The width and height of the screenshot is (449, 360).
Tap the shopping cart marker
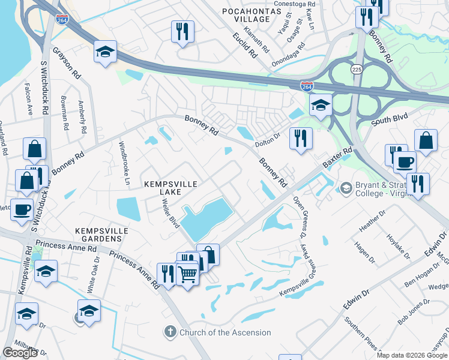188,275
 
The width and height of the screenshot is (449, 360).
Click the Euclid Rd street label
245,45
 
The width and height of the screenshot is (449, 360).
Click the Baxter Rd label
336,159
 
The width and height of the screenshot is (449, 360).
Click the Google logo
20,353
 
